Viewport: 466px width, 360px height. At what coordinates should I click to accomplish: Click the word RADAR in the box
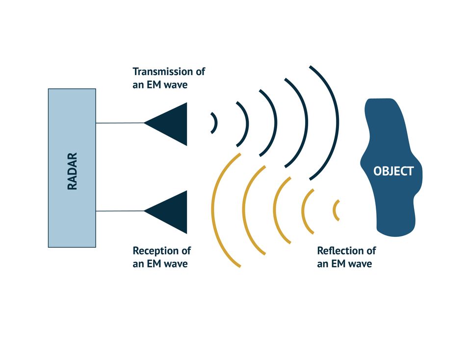point(72,171)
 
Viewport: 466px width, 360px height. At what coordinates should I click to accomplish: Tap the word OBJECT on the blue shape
point(393,171)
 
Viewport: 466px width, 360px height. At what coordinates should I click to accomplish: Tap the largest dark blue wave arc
point(338,123)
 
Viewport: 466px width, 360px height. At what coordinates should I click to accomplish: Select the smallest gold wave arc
point(334,210)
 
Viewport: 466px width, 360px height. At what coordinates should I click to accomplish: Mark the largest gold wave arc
point(212,210)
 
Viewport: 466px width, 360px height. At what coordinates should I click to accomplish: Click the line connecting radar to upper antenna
point(120,123)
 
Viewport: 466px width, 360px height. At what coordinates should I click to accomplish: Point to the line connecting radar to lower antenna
point(120,211)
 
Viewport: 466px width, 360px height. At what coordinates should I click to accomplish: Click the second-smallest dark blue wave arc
point(248,124)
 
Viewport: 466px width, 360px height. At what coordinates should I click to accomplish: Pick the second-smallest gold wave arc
point(303,211)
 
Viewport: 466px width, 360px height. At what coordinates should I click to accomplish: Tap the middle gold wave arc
point(274,210)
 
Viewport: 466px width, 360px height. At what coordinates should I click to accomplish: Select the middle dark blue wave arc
point(276,123)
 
